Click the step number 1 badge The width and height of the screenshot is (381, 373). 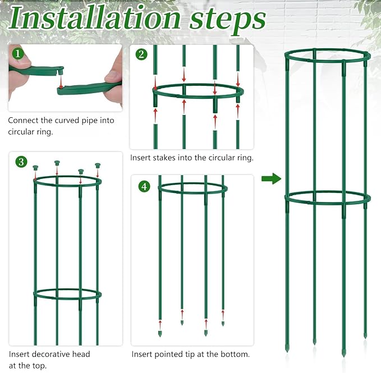pos(19,54)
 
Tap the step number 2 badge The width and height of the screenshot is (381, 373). pos(141,54)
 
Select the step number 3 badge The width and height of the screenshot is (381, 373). pos(21,162)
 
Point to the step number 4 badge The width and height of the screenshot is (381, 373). pos(144,186)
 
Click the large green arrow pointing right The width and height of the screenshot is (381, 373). pos(271,179)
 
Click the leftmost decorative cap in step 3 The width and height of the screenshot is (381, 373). pos(36,168)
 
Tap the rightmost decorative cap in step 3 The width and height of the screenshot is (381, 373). pos(98,166)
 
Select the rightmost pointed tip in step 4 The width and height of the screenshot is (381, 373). pos(223,323)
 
